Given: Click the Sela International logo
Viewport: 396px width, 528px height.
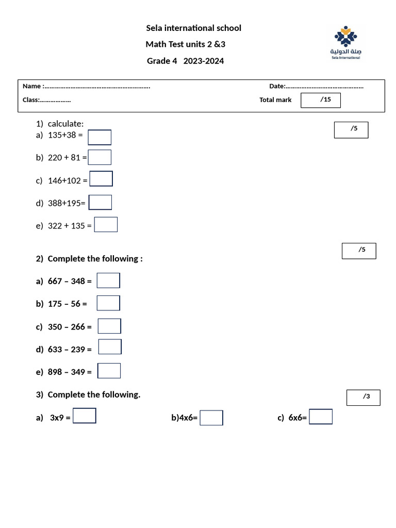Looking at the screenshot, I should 345,43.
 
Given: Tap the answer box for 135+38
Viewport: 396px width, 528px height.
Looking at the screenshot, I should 100,137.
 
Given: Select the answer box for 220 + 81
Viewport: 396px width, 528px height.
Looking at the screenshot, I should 100,157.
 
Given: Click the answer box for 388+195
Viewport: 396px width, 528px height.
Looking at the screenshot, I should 100,202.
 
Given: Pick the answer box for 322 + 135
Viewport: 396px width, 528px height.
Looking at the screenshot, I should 106,225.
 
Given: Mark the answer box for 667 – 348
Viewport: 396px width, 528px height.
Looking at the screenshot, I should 108,280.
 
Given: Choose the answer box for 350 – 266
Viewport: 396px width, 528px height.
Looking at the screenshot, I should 109,326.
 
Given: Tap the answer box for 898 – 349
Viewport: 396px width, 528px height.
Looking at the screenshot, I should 109,371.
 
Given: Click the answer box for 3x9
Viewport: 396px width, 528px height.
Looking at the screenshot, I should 85,416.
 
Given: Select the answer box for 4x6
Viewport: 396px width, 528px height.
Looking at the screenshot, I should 211,418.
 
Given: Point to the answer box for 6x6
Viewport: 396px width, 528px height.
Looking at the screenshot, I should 321,417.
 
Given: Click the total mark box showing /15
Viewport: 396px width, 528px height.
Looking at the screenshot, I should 321,100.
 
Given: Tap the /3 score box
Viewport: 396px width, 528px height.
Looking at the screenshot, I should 364,398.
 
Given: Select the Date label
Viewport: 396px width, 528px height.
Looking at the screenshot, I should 277,86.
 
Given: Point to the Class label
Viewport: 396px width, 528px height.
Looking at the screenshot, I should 30,100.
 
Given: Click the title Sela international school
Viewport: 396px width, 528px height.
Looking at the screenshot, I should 194,28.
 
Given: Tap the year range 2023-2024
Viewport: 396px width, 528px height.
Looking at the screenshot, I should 204,61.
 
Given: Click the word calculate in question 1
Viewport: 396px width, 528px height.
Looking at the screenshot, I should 65,124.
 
